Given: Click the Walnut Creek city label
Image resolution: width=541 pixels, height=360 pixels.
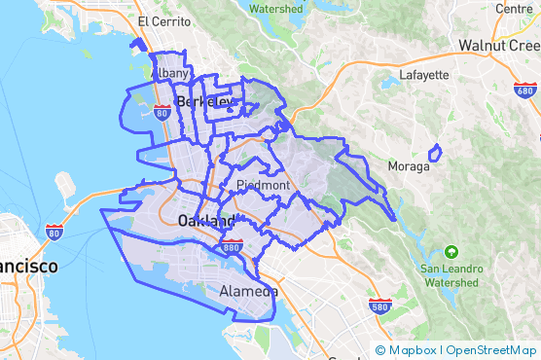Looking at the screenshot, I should (x=499, y=46).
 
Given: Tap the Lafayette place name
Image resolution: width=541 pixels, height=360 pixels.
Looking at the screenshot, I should (x=424, y=74).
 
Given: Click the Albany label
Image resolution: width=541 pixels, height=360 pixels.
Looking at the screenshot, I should (x=173, y=73).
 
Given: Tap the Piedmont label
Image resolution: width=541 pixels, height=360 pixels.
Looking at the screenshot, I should (x=262, y=185).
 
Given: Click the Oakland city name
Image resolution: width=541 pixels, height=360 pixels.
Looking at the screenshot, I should (x=205, y=222).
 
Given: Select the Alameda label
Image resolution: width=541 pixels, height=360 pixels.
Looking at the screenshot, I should (x=249, y=291).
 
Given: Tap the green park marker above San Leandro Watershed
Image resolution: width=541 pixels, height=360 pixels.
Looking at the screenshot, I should (x=450, y=251).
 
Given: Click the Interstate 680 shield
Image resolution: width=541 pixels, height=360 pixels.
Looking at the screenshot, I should (x=524, y=90).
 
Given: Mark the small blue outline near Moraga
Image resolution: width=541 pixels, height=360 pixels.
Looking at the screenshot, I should (x=435, y=152).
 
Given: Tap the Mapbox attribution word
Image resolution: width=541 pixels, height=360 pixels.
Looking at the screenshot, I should (x=413, y=350).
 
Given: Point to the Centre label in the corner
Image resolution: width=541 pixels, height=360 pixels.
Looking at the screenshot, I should (x=514, y=8).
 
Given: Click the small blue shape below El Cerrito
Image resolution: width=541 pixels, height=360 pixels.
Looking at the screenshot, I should (x=137, y=44).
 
